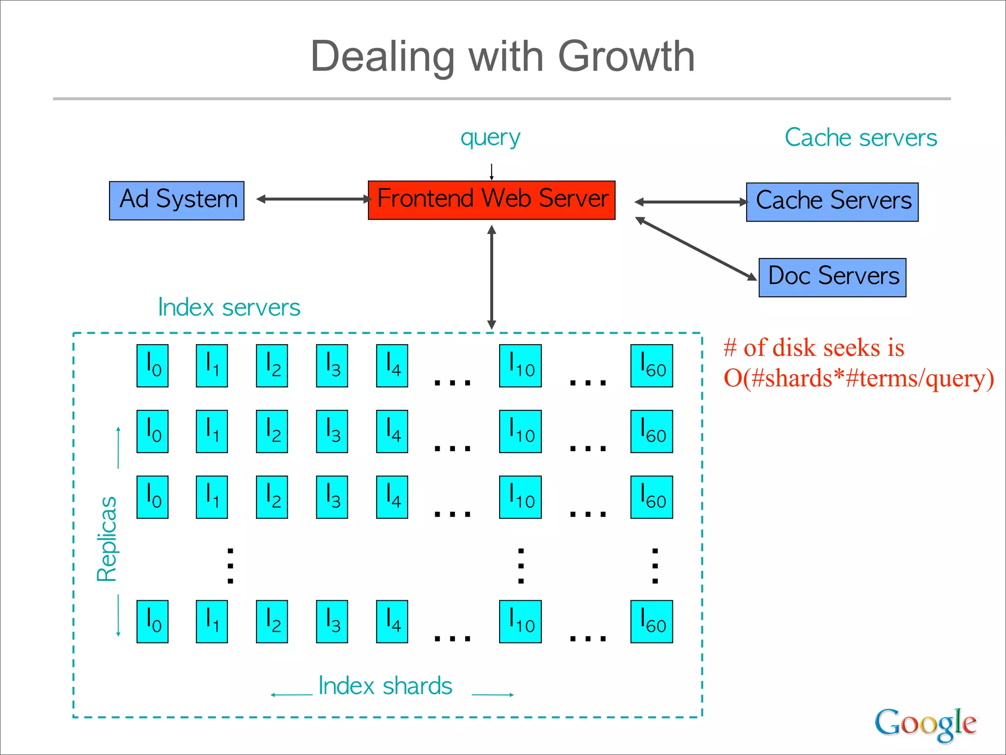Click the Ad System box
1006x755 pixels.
click(x=176, y=201)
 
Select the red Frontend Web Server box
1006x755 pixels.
click(x=491, y=200)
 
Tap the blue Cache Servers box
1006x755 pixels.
click(x=832, y=202)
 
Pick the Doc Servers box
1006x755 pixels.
click(x=832, y=277)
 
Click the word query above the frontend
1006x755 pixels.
click(x=490, y=138)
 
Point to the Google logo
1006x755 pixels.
click(x=925, y=724)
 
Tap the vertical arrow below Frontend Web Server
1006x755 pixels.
click(x=492, y=277)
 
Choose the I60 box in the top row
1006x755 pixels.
click(x=651, y=366)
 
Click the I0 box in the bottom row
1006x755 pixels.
click(x=152, y=621)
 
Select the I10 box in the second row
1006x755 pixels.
click(x=520, y=431)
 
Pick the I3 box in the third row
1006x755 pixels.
click(x=332, y=497)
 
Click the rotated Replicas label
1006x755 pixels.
click(x=107, y=539)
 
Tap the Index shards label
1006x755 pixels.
click(x=385, y=686)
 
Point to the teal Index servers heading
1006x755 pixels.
click(x=229, y=308)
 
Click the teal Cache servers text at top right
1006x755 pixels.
click(x=861, y=138)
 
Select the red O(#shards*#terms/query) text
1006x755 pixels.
click(x=859, y=378)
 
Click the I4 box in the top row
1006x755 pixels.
click(x=392, y=366)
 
